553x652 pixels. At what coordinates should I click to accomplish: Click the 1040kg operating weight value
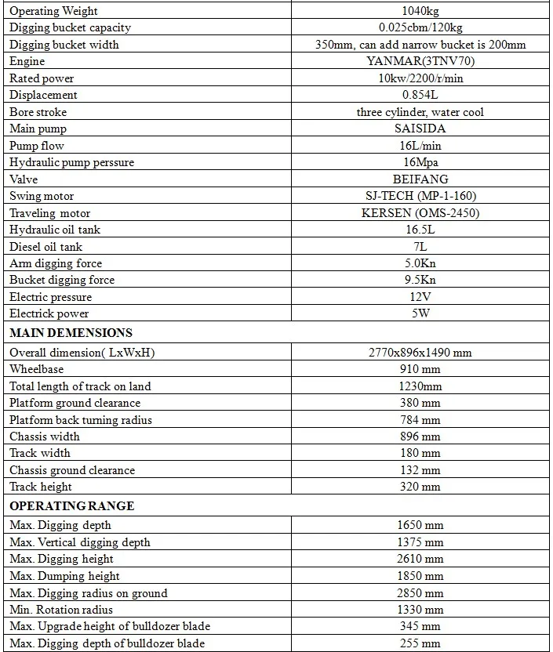(x=420, y=11)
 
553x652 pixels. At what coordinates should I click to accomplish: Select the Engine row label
(x=27, y=61)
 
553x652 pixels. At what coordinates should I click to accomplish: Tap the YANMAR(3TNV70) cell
(x=420, y=61)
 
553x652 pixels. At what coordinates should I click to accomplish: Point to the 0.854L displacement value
(x=420, y=95)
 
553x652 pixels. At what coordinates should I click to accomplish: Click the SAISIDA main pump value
(x=420, y=129)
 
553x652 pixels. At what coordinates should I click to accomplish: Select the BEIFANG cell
(x=420, y=179)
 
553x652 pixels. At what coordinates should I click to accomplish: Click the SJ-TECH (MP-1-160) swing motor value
(x=420, y=196)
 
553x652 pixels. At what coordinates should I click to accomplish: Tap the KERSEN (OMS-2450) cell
(x=420, y=213)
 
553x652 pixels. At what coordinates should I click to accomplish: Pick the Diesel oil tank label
(x=45, y=247)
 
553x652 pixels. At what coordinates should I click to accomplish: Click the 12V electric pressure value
(x=420, y=297)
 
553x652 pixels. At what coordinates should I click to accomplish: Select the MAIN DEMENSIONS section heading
(x=71, y=333)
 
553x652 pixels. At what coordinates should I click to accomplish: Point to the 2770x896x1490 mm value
(x=420, y=353)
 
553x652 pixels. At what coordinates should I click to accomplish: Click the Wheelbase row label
(x=37, y=369)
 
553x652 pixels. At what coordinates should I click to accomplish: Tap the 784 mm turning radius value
(x=420, y=420)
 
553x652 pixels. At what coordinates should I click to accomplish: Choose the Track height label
(x=40, y=487)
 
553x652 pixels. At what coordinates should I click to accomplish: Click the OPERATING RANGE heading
(x=71, y=506)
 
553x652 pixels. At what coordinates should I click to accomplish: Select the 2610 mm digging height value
(x=420, y=559)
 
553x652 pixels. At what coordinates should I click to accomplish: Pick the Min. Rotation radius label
(x=61, y=610)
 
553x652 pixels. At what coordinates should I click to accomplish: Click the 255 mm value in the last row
(x=420, y=643)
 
